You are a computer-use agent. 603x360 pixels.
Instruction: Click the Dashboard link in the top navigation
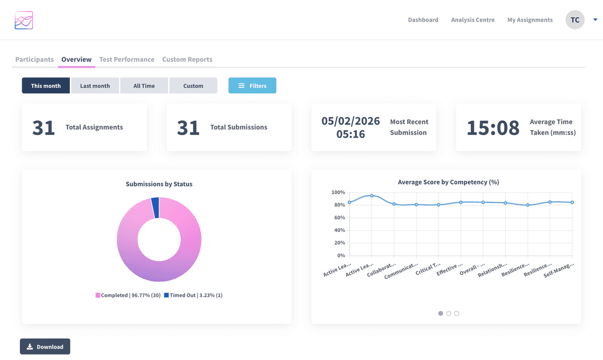pos(423,20)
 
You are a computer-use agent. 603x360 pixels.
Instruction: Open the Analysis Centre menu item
pos(472,20)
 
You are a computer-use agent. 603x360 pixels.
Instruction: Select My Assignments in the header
pos(530,20)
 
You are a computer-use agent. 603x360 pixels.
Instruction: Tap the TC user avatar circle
pos(575,20)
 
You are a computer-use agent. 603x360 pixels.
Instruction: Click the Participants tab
pos(34,59)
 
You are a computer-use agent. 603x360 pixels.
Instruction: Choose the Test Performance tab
pos(127,59)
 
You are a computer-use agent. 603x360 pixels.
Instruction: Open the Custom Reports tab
pos(187,59)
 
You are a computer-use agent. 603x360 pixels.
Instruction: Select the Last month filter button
pos(95,86)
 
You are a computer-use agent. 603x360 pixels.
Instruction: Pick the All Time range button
pos(144,86)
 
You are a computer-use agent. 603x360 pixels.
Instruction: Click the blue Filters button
pos(252,86)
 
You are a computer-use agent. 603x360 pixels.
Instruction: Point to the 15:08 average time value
pos(492,128)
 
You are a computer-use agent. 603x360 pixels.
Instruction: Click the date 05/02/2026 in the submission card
pos(351,121)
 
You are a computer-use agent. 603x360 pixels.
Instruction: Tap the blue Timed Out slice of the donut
pos(155,207)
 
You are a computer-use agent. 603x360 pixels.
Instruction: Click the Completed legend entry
pos(128,295)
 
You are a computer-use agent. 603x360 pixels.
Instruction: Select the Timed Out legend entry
pos(193,295)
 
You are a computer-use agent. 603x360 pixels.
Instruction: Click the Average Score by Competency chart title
pos(448,182)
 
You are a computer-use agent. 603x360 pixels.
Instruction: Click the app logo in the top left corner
pos(24,20)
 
